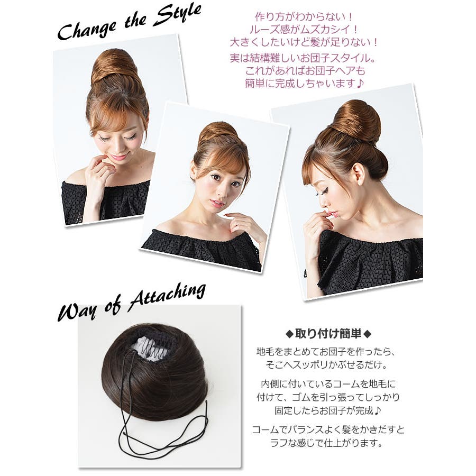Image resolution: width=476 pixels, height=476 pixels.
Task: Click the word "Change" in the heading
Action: [87, 30]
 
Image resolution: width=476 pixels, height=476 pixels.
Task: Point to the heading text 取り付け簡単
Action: [328, 334]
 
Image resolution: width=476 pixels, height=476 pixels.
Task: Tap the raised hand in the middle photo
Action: [243, 227]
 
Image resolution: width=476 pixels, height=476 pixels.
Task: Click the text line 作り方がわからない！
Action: [304, 17]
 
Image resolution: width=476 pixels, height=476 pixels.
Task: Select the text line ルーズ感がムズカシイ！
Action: [304, 30]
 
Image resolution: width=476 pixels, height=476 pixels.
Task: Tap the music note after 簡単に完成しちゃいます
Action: [360, 83]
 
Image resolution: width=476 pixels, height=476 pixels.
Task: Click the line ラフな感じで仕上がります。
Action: [327, 443]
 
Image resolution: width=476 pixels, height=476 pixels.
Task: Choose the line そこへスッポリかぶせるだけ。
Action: [327, 364]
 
